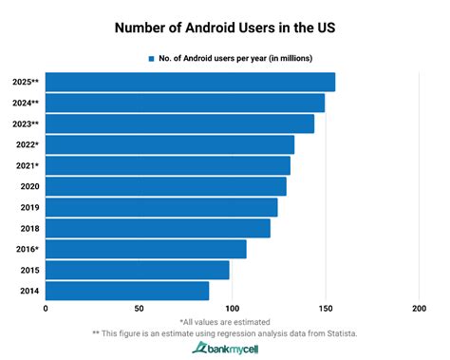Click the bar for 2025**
coord(190,82)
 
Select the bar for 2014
coord(127,291)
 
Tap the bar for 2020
coord(165,186)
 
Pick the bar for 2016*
coord(145,249)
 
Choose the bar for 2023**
coord(179,123)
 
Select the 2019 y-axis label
coord(28,207)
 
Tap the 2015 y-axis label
coord(28,270)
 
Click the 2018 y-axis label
coord(28,228)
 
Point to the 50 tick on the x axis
coord(139,309)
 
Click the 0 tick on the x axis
coord(46,309)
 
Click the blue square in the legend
coord(150,58)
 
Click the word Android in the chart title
coord(214,28)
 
